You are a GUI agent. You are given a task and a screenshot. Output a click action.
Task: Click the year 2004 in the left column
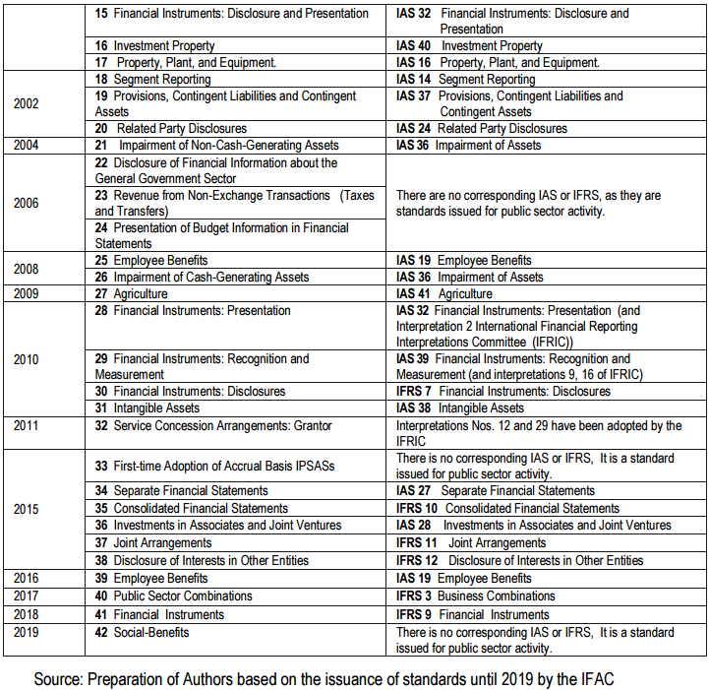[27, 146]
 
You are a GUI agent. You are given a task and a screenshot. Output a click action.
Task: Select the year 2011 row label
[27, 426]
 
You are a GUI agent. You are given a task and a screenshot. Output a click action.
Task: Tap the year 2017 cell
[27, 596]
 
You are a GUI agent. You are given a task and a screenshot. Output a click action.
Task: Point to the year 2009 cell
[27, 294]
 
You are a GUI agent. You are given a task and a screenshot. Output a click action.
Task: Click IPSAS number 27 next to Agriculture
[101, 294]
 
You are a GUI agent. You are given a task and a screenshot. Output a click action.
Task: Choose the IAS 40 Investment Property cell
[469, 46]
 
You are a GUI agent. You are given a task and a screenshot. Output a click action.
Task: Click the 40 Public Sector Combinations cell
[173, 596]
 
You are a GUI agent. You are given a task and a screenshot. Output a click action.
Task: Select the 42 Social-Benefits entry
[142, 632]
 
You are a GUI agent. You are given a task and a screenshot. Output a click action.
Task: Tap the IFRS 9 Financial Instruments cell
[473, 615]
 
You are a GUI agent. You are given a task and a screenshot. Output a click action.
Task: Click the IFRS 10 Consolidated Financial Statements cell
[507, 509]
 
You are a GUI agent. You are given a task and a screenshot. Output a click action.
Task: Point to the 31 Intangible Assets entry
[148, 408]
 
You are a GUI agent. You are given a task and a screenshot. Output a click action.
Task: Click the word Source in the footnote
[57, 679]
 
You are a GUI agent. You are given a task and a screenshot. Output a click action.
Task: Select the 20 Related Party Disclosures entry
[171, 129]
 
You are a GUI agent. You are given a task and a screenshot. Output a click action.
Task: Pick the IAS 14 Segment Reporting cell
[465, 80]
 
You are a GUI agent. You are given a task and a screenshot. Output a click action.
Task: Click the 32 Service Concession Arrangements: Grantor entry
[213, 426]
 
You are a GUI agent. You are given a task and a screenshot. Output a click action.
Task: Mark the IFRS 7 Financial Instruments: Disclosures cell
[502, 392]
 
